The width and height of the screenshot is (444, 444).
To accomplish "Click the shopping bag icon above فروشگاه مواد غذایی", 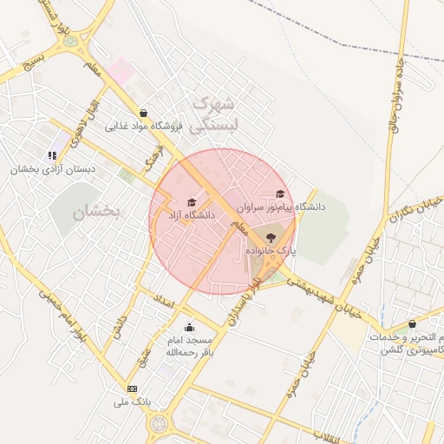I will pos(143,113).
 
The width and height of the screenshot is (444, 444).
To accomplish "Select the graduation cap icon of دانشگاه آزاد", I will pos(192,202).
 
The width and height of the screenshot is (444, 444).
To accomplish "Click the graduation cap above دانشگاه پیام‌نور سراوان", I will pos(279,194).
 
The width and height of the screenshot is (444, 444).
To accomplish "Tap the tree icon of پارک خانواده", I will pos(270,236).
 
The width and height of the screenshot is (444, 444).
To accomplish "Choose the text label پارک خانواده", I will pos(271,250).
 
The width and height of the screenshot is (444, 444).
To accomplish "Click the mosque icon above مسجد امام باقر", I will pos(189,327).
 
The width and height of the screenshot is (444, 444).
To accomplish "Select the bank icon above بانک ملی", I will pos(132,388).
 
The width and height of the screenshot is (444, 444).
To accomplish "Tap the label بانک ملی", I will pos(132,402).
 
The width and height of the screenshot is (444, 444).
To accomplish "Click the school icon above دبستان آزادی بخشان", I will pos(52,155).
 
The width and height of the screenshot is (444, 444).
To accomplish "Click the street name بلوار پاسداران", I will pos(245,296).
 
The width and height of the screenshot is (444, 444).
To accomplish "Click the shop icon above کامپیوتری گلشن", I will pos(412,323).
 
